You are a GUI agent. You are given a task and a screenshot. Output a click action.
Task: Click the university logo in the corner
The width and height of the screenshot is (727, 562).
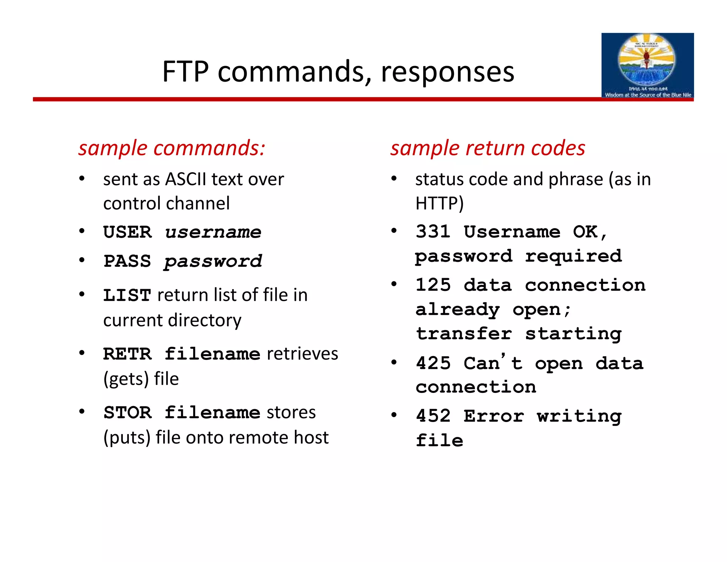click(647, 66)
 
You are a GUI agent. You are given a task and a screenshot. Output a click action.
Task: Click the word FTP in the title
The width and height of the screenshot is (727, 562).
click(185, 72)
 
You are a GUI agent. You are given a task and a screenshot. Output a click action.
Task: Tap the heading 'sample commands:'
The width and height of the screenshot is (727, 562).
click(172, 148)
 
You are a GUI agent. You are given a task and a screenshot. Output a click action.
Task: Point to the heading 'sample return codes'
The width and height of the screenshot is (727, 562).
click(488, 148)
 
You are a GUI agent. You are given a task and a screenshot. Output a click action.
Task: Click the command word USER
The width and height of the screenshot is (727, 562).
click(127, 232)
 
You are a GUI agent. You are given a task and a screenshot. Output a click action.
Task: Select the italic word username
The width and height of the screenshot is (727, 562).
click(213, 232)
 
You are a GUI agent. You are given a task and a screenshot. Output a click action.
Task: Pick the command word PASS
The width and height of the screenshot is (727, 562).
click(127, 261)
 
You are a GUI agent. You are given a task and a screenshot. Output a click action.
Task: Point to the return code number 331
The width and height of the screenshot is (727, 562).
click(433, 232)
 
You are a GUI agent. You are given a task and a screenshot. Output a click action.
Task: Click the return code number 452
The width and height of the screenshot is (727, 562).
click(433, 416)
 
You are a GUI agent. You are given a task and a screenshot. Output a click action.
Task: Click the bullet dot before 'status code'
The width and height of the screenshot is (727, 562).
click(394, 179)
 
